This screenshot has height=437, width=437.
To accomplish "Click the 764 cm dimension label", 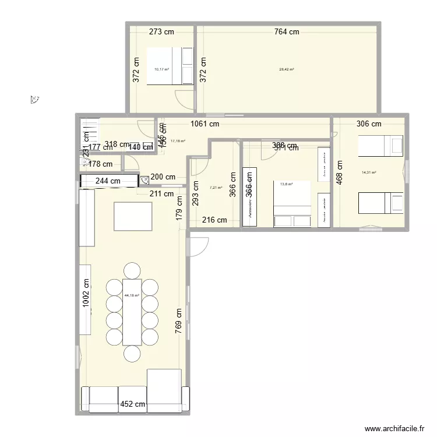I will pyautogui.click(x=287, y=32).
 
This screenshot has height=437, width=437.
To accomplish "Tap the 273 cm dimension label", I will pyautogui.click(x=161, y=32).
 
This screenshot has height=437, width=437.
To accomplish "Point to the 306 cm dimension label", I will pyautogui.click(x=369, y=124).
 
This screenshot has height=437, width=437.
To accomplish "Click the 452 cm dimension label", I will pyautogui.click(x=132, y=404).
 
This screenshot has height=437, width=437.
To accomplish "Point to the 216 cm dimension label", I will pyautogui.click(x=214, y=220).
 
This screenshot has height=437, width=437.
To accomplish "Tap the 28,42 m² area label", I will pyautogui.click(x=287, y=69).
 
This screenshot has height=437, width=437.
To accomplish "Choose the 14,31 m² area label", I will pyautogui.click(x=369, y=172).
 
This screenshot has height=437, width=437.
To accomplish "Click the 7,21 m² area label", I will pyautogui.click(x=216, y=188).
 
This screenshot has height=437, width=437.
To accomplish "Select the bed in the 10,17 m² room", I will pyautogui.click(x=170, y=66).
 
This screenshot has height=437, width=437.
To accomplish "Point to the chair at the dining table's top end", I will pyautogui.click(x=132, y=270).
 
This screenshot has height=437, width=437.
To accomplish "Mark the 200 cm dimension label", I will pyautogui.click(x=163, y=177).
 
